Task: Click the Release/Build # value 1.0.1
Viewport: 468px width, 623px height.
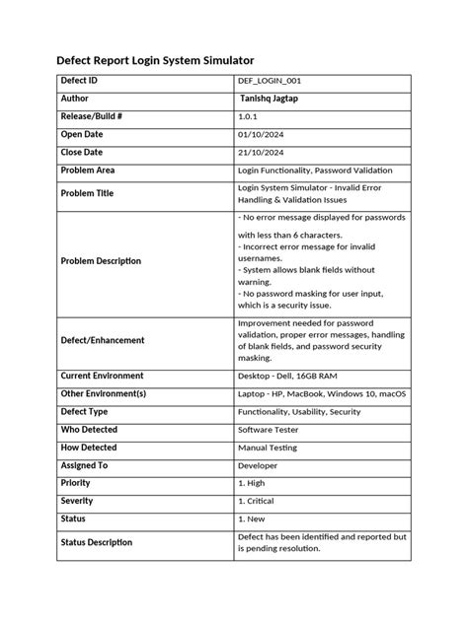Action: coord(249,116)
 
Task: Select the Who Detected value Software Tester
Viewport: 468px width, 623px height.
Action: coord(270,430)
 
